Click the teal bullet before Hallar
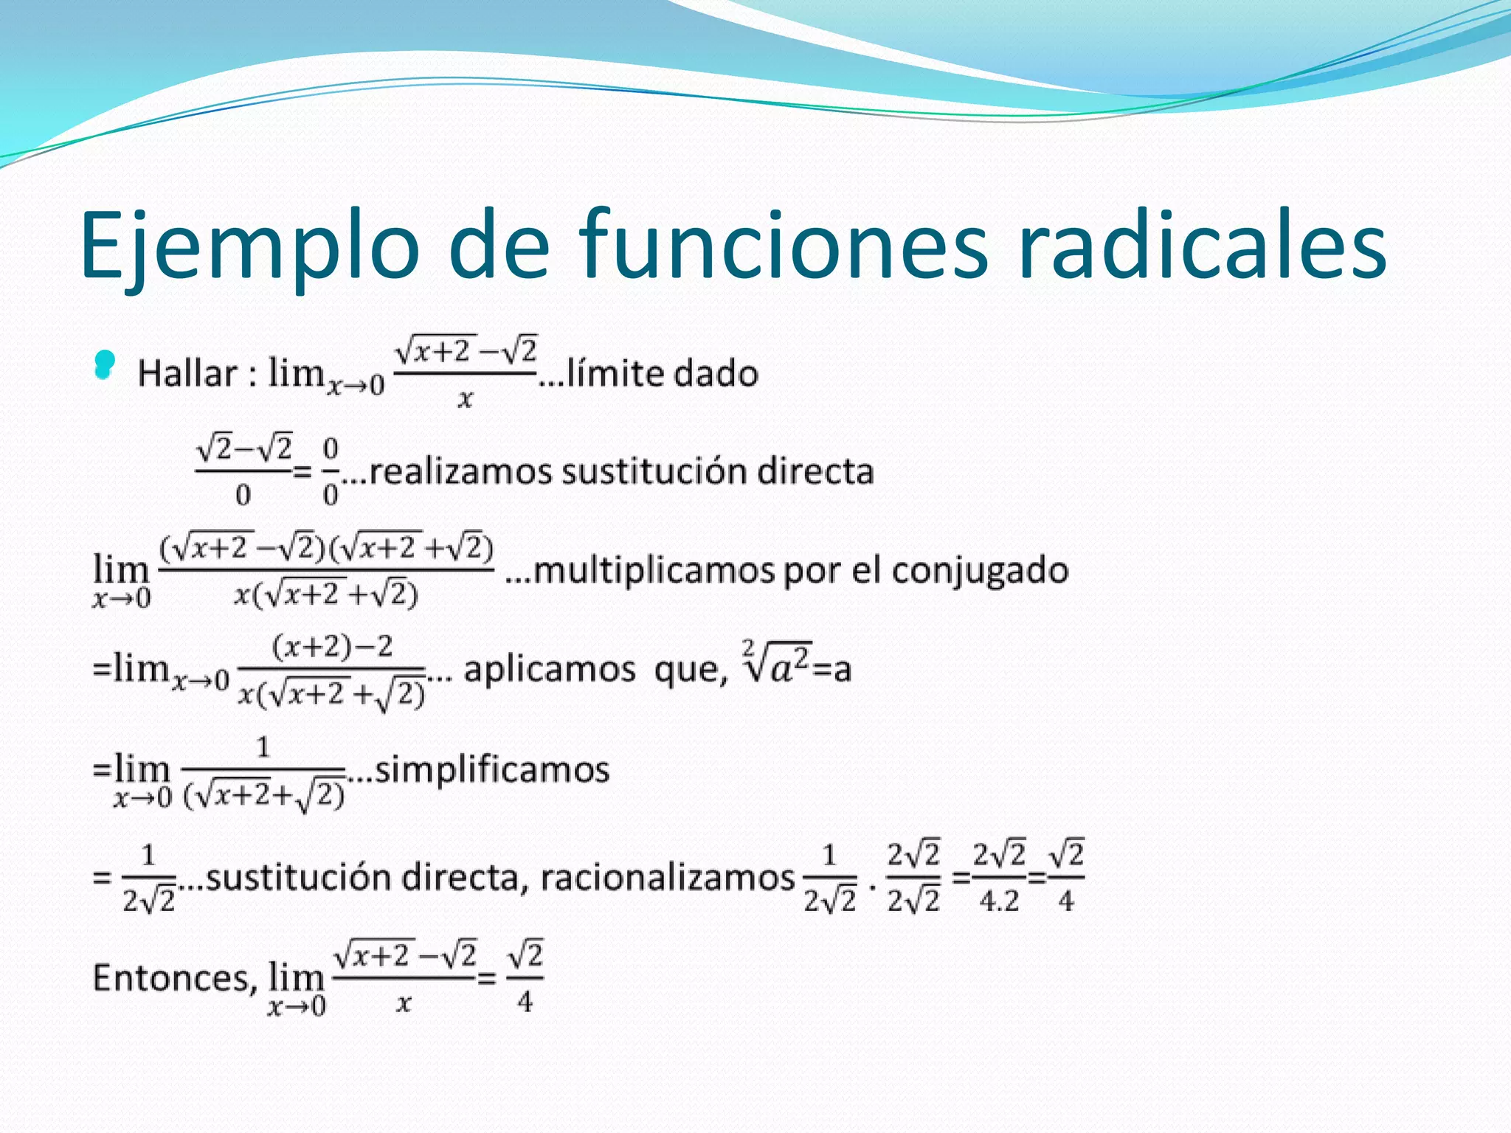[x=105, y=364]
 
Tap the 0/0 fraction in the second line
[x=331, y=471]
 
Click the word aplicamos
[x=549, y=670]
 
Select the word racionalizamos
[x=668, y=878]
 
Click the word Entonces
[x=174, y=978]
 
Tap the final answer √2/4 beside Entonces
[x=525, y=978]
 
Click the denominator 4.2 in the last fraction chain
[x=999, y=901]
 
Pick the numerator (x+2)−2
[x=333, y=647]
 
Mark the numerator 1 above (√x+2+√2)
[x=263, y=747]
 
